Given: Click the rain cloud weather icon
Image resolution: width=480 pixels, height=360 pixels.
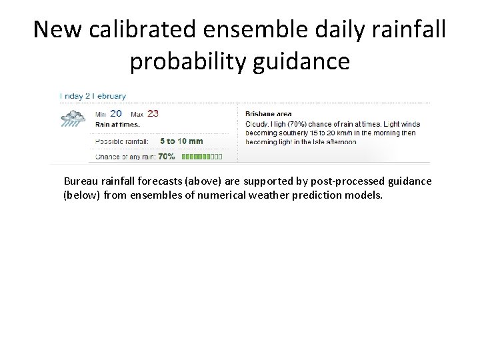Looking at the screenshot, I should tap(73, 119).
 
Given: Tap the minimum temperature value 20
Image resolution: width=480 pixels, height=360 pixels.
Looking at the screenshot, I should tap(116, 113).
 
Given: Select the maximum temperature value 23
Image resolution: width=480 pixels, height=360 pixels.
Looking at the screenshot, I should tap(153, 113).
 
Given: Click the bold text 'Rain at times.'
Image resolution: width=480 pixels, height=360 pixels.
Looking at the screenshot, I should tap(117, 124).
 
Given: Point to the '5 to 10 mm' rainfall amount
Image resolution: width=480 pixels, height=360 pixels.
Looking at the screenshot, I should tap(181, 141).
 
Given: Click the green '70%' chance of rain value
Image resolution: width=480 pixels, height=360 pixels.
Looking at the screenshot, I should tap(167, 157).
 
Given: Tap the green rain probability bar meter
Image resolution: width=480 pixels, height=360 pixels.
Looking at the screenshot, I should tap(202, 157).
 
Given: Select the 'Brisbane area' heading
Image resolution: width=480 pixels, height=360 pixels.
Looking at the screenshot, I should tap(269, 114).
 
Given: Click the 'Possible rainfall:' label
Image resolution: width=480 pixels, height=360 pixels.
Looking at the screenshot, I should tap(123, 141).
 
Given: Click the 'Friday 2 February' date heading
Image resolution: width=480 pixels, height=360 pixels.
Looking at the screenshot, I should tap(93, 97).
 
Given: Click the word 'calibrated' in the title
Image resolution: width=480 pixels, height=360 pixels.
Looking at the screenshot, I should tap(144, 29).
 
